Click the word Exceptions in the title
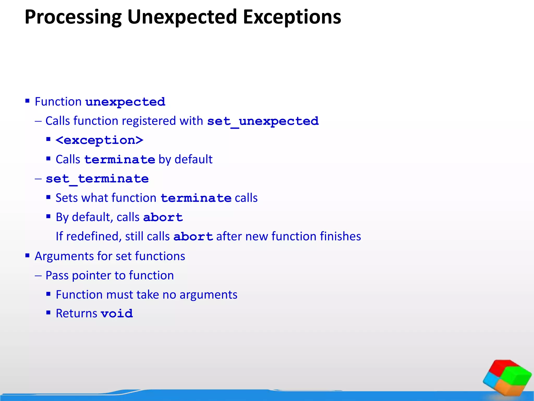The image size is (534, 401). [292, 17]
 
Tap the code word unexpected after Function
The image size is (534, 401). [125, 102]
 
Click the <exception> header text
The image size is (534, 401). [99, 140]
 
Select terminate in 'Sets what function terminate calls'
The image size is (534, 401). [196, 198]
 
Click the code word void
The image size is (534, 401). [117, 314]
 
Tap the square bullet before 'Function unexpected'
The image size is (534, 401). [27, 101]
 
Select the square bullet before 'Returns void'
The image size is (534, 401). [48, 312]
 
